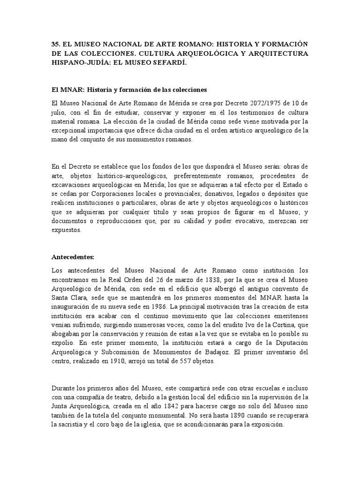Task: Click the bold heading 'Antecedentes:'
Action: tap(73, 257)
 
